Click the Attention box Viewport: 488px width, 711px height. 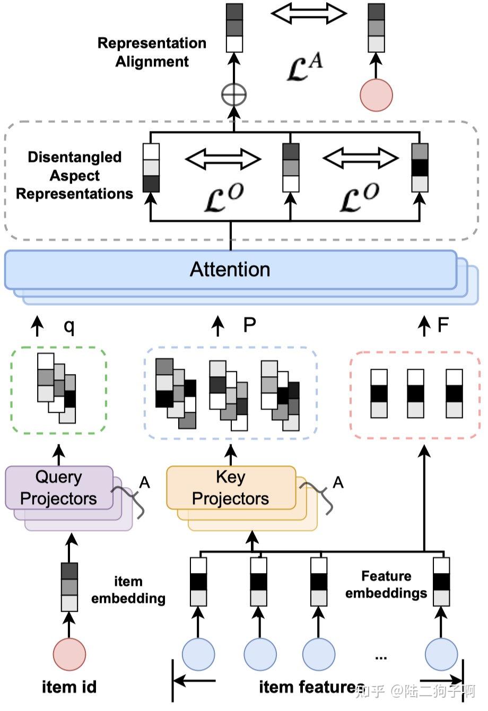tap(230, 270)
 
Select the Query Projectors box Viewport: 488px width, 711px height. tap(59, 488)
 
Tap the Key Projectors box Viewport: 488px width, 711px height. tap(231, 488)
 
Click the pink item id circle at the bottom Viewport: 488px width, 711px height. tap(69, 654)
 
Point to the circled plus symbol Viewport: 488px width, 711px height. tap(234, 96)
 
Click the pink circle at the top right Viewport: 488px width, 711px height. tap(376, 96)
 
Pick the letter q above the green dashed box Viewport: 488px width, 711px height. tap(69, 325)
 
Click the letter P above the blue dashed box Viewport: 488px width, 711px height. tap(249, 325)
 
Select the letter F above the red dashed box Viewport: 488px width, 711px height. tap(443, 325)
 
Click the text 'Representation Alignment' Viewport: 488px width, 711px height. tap(152, 52)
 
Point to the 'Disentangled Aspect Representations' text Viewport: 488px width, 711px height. tap(75, 175)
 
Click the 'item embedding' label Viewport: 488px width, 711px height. tap(128, 589)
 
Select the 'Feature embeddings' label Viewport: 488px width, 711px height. tap(386, 584)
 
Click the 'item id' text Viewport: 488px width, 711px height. tap(69, 687)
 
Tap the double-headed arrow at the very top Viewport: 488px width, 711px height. tap(309, 13)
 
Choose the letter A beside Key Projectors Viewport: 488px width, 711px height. tap(338, 482)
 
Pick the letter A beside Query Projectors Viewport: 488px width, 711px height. tap(144, 482)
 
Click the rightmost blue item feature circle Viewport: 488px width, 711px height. tap(442, 654)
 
